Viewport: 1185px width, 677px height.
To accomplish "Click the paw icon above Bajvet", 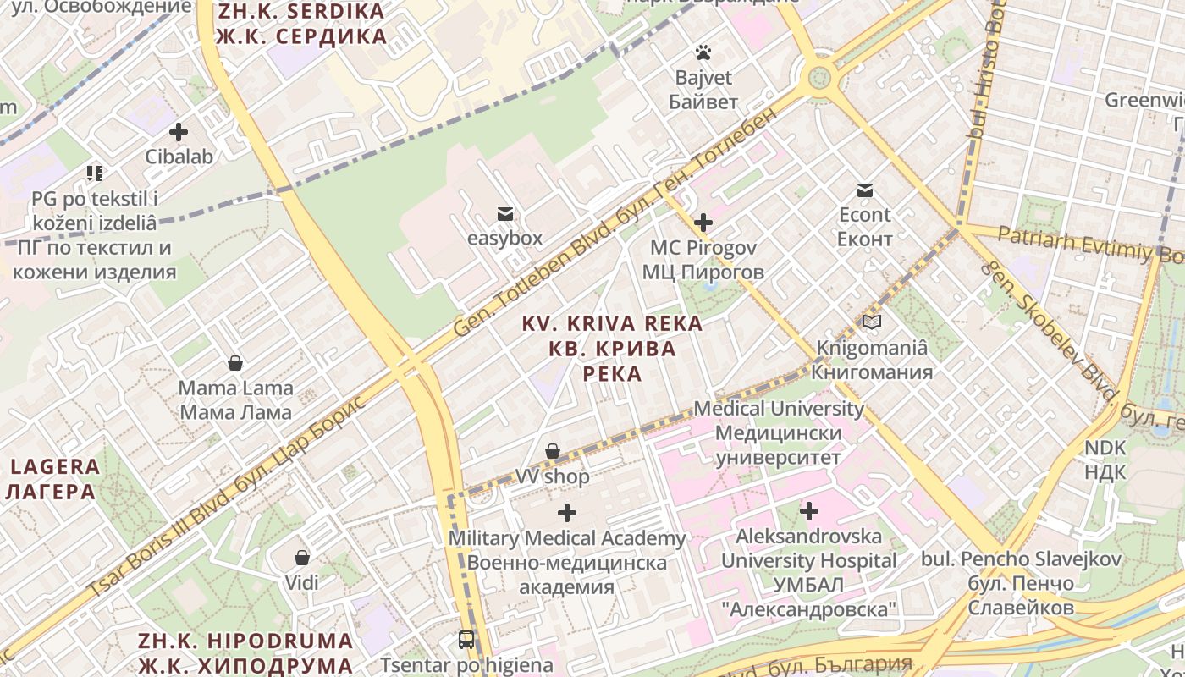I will coord(703,53).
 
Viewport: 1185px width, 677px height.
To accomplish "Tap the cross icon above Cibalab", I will coord(179,132).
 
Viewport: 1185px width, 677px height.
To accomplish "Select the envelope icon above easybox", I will coord(505,214).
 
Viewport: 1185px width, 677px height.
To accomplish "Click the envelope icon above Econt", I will coord(865,190).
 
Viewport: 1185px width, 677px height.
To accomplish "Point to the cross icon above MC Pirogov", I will coord(703,223).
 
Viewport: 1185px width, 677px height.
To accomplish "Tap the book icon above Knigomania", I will coord(872,322).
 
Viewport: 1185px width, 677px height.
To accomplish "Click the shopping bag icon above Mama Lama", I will coord(235,364).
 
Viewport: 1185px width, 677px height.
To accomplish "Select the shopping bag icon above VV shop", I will coord(553,452).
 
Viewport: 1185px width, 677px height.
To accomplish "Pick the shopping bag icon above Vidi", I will coord(302,558).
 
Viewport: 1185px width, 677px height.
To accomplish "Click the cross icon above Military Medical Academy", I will coord(567,513).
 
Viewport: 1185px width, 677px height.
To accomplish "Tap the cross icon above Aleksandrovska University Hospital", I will coord(809,511).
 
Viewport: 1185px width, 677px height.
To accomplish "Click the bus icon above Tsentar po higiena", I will coord(466,640).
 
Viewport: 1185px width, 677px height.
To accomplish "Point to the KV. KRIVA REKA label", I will coord(612,348).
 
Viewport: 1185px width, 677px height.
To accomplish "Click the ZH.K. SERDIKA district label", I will coord(301,25).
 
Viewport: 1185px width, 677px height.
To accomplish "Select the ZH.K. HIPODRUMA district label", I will coord(245,652).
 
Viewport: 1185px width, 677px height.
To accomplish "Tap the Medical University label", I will coord(779,433).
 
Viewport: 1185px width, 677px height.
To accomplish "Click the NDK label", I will coord(1105,460).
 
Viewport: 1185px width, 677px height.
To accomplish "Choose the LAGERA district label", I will coord(55,478).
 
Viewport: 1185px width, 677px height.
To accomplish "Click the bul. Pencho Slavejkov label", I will coord(1021,583).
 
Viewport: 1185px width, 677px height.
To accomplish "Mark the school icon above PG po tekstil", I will coord(94,173).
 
